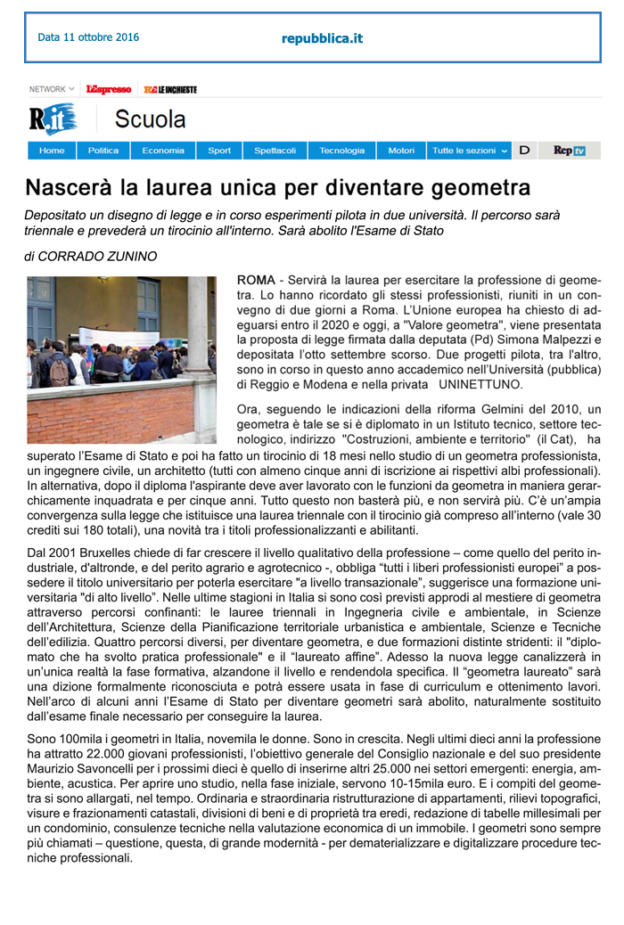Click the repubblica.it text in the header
tap(322, 38)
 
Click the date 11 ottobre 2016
tap(88, 37)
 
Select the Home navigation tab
tap(52, 151)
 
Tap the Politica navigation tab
tap(103, 151)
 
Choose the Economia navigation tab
tap(163, 151)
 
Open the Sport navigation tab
tap(219, 151)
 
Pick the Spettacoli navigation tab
tap(275, 151)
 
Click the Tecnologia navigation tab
tap(342, 151)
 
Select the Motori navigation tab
tap(401, 151)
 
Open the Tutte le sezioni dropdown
tap(470, 151)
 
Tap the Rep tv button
tap(569, 151)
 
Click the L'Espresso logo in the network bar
tap(109, 89)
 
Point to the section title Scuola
tap(151, 119)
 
